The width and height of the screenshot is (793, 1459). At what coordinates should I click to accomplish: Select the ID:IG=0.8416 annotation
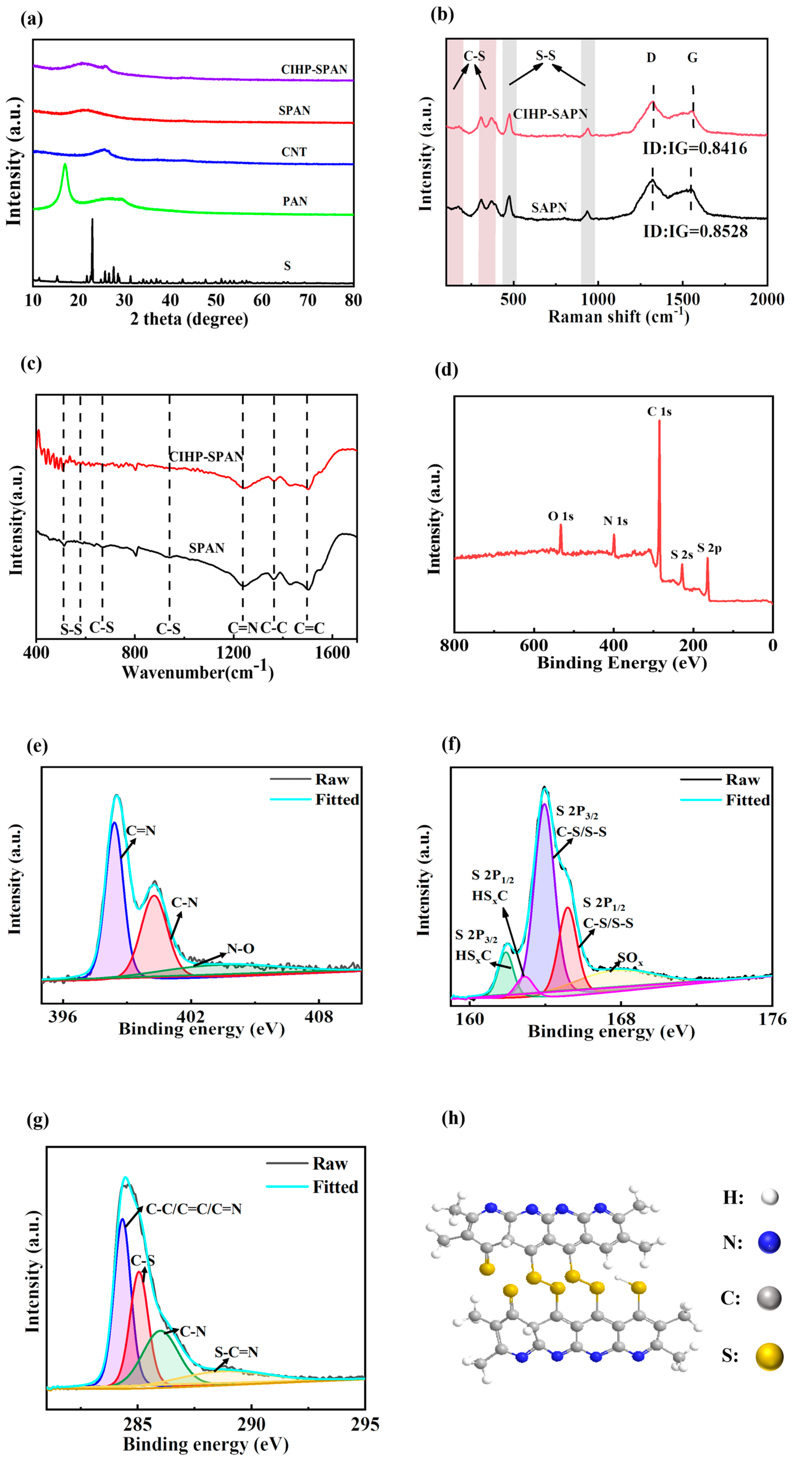694,149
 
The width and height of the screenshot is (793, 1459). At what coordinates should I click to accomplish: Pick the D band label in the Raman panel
651,58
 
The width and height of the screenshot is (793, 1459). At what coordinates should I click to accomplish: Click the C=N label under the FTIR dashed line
242,628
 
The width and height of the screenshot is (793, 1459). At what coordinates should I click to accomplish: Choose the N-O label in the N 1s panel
240,948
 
